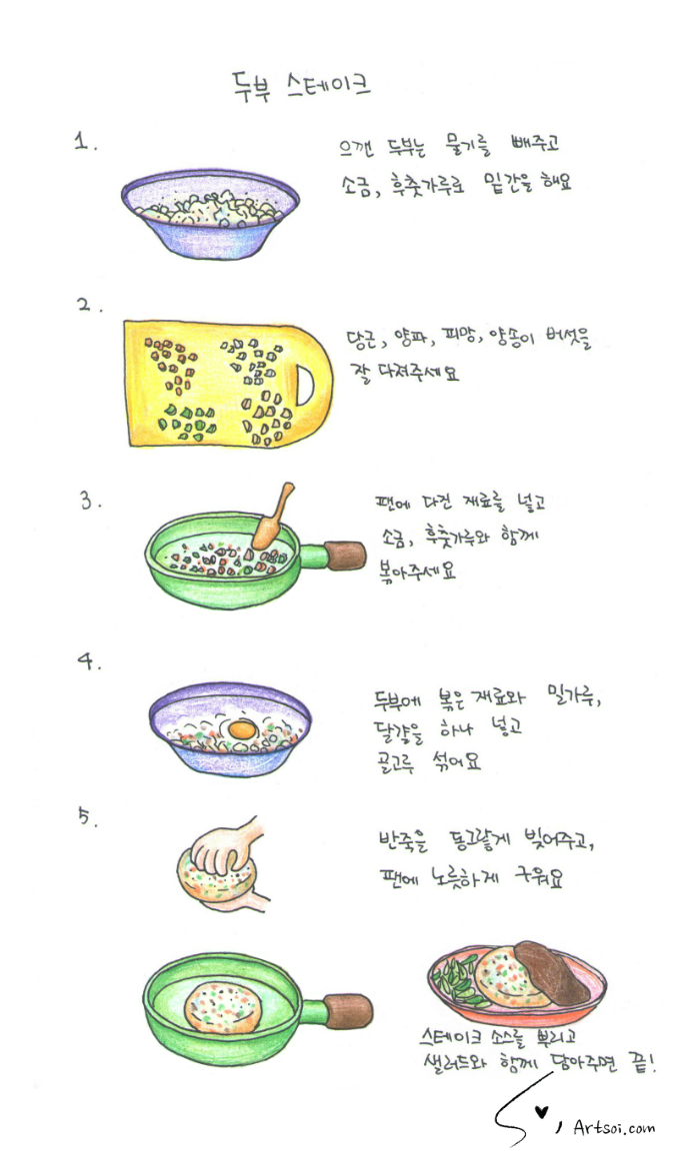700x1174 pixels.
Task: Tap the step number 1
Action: point(84,142)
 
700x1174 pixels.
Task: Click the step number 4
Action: point(87,660)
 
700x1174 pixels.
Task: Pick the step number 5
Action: point(87,817)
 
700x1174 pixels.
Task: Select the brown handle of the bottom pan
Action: point(348,1011)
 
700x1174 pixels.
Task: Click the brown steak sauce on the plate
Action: point(548,971)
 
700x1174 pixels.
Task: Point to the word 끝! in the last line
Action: point(640,1063)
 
